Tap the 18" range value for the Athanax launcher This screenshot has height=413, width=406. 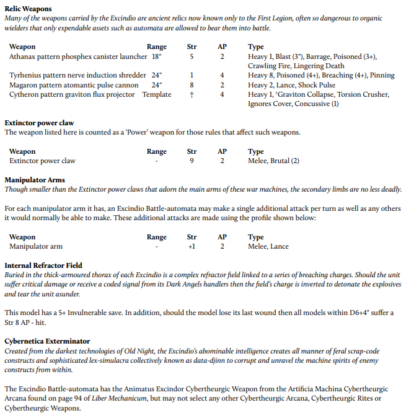click(157, 56)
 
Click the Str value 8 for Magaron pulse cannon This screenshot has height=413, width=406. click(192, 85)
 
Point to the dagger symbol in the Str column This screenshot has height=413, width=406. click(192, 94)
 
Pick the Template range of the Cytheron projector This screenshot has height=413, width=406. click(157, 94)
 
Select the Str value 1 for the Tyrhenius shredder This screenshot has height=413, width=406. click(192, 76)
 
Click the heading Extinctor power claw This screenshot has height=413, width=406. click(40, 123)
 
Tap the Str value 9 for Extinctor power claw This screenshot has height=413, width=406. click(192, 161)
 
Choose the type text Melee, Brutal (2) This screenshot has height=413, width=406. click(273, 161)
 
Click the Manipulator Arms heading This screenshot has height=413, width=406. click(35, 180)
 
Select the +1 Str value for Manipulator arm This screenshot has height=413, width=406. click(192, 246)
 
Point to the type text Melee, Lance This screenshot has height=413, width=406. click(268, 246)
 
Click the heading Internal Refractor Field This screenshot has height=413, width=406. click(43, 265)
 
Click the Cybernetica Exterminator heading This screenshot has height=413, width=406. click(47, 341)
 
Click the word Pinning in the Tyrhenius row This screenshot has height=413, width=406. click(381, 76)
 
